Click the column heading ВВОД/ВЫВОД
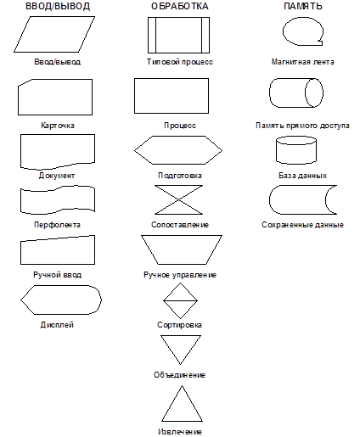(x=58, y=6)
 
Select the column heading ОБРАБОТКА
(x=180, y=6)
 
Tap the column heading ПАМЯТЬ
(x=303, y=6)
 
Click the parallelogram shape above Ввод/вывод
(x=54, y=35)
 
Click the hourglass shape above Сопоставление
(x=179, y=199)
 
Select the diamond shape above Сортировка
(x=180, y=300)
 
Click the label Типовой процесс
(x=180, y=62)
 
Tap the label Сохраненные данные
(x=302, y=225)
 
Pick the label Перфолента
(x=57, y=225)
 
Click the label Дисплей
(x=57, y=325)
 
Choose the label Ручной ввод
(x=58, y=275)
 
